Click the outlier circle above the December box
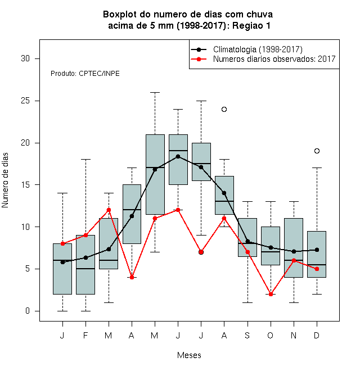coord(317,151)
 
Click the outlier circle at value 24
coord(224,109)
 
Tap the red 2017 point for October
coord(271,295)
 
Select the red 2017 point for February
coord(85,235)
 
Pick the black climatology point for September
coord(247,241)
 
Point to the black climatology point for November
coord(294,251)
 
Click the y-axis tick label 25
coord(25,101)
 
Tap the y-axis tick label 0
coord(28,311)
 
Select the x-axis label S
coord(247,335)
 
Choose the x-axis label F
coord(85,335)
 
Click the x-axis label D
coord(317,335)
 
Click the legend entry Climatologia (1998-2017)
coord(258,49)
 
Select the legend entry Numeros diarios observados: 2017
coord(274,59)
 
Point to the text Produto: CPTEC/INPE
coord(85,74)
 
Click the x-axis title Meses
coord(189,355)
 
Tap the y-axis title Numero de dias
coord(5,180)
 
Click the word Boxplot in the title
coord(120,15)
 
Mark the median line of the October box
coord(271,252)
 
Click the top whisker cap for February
coord(85,160)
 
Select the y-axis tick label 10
coord(25,227)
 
